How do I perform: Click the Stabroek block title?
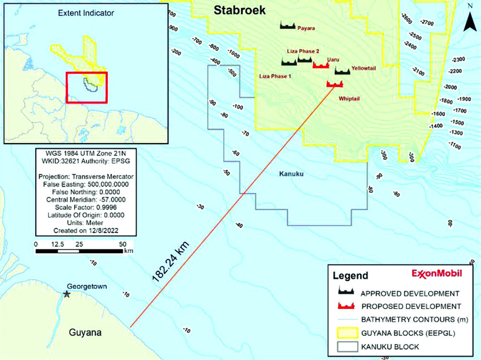(239, 11)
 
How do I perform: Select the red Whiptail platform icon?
(335, 84)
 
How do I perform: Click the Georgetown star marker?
(67, 294)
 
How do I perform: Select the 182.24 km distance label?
(171, 260)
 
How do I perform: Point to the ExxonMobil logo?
(436, 273)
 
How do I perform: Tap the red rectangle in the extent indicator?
(87, 87)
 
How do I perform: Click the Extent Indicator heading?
(86, 13)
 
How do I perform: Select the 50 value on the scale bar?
(122, 244)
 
